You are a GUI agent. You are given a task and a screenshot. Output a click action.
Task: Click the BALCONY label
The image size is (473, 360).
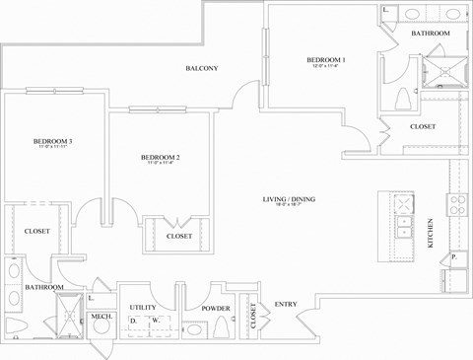point(201,68)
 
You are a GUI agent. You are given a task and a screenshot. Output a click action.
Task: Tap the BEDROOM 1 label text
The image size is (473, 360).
point(325,60)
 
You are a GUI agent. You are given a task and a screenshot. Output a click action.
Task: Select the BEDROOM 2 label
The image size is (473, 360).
point(159,158)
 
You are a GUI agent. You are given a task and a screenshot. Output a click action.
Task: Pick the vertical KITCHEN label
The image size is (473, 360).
point(430,234)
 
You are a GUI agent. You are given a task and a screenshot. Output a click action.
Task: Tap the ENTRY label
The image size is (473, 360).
point(286,304)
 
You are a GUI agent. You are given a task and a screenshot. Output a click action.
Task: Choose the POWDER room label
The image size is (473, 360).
point(215,308)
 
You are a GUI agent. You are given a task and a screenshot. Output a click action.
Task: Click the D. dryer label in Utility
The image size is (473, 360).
point(133,322)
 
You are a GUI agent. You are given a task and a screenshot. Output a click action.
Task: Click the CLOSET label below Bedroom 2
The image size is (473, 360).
point(178,236)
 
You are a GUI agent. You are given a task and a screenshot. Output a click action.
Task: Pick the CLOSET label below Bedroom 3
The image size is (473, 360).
point(36,231)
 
